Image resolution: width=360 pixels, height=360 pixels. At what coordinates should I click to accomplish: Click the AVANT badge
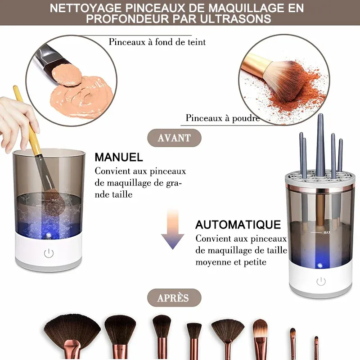(x=174, y=138)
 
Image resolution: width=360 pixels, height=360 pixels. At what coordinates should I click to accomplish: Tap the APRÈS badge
(x=174, y=298)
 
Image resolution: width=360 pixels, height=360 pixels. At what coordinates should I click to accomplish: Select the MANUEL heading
(x=119, y=157)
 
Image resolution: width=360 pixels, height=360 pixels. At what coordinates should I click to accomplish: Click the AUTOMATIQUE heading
(x=238, y=225)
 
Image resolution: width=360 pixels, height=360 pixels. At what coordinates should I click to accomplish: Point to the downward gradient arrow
(x=173, y=229)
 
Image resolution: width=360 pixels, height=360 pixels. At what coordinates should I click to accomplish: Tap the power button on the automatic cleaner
(x=321, y=281)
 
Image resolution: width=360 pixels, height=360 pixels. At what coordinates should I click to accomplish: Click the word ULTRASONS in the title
(x=235, y=19)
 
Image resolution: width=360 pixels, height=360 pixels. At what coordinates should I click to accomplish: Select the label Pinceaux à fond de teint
(x=157, y=42)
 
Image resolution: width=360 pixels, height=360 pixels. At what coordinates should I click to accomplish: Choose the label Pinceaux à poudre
(x=223, y=118)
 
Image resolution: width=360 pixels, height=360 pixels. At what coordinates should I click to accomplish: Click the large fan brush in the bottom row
(x=72, y=333)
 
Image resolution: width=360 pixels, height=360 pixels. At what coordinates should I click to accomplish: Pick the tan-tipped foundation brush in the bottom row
(x=261, y=337)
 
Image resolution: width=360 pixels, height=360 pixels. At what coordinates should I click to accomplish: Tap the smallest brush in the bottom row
(x=316, y=347)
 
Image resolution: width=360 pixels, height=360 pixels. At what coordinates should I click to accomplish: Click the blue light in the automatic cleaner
(x=319, y=265)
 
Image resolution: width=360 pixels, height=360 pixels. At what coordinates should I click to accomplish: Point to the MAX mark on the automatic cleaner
(x=327, y=233)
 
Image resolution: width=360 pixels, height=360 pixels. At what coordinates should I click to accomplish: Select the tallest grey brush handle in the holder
(x=320, y=145)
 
